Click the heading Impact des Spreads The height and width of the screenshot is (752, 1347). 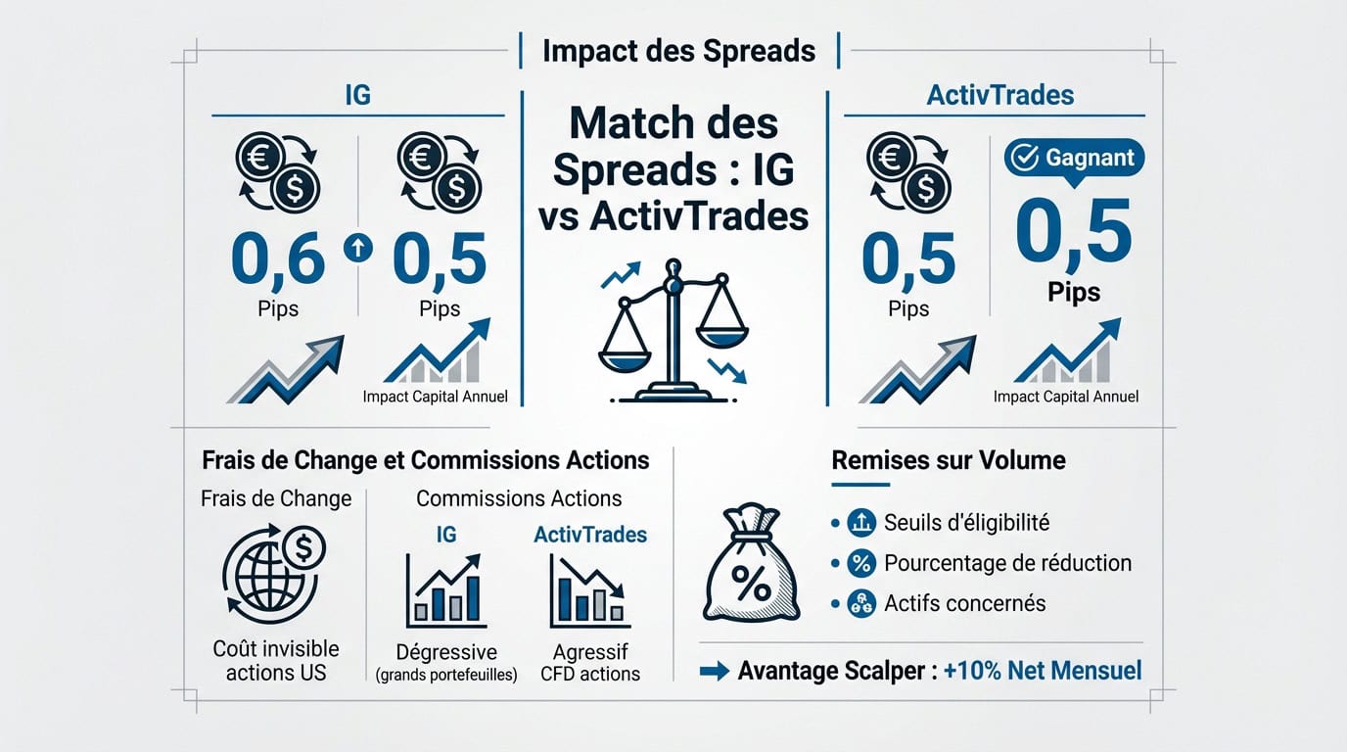[678, 50]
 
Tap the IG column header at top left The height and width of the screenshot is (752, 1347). [357, 95]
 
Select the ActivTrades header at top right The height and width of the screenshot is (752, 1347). [1000, 95]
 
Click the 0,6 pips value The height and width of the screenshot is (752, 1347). [278, 258]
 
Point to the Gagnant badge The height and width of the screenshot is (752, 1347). [1074, 158]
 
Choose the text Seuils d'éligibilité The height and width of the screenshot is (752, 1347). [966, 523]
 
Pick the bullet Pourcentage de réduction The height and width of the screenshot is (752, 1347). [1007, 563]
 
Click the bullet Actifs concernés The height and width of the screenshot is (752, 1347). [964, 603]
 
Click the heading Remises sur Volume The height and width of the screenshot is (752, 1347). [949, 460]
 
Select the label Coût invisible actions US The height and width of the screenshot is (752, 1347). [277, 660]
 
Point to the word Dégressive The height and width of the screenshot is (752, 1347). [445, 652]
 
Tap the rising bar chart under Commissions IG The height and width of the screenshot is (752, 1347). [446, 590]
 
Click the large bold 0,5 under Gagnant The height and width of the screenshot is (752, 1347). [1073, 232]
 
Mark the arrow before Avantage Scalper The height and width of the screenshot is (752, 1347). [715, 672]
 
